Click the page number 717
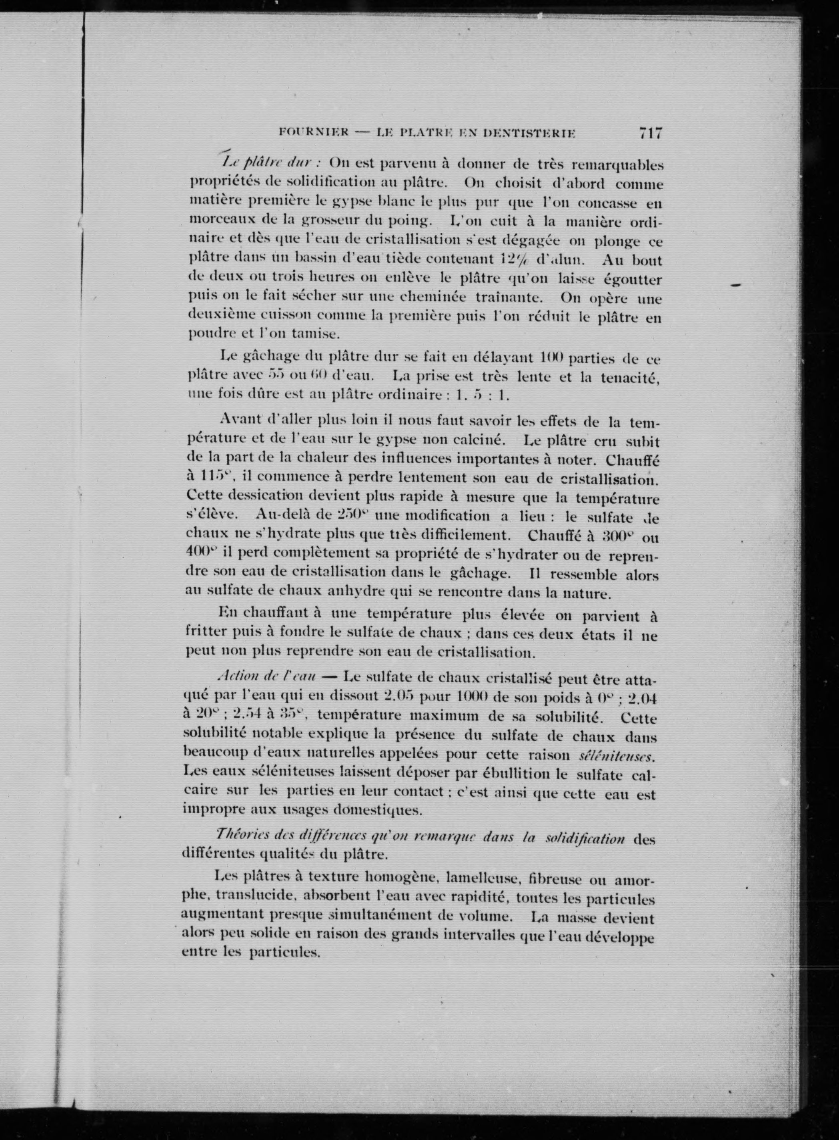[x=651, y=134]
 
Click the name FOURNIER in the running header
[x=314, y=133]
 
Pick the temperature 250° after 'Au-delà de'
[x=351, y=516]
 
